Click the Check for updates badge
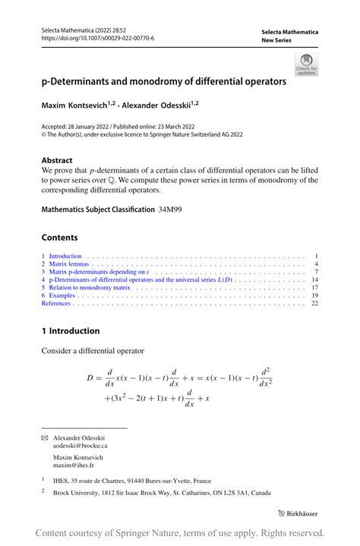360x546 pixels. [306, 64]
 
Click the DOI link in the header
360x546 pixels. [97, 38]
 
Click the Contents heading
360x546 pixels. [60, 237]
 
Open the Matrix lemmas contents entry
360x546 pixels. [68, 264]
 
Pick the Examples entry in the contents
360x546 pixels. [62, 295]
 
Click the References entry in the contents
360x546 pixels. [56, 304]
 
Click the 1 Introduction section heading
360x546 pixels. [71, 331]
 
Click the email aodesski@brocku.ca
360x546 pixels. [85, 447]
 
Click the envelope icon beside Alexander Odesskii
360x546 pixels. [44, 438]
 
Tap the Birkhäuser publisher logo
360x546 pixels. [298, 513]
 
